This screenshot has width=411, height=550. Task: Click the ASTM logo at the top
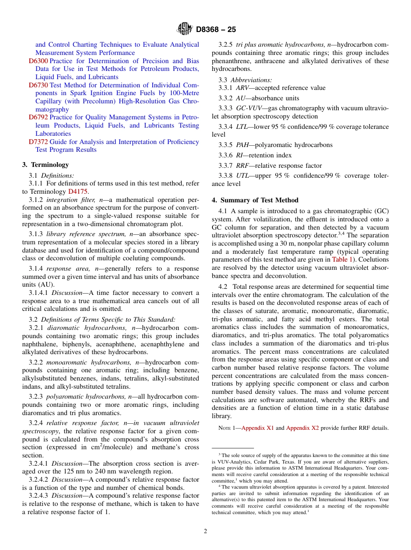click(185, 29)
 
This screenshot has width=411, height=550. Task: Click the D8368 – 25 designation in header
click(216, 30)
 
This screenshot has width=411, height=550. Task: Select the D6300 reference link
click(38, 61)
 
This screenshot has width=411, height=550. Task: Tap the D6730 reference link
click(38, 85)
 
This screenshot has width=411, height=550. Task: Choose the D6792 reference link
click(38, 117)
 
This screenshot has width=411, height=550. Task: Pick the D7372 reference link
click(38, 142)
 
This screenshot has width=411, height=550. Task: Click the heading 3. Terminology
click(45, 165)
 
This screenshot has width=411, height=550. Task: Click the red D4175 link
click(78, 192)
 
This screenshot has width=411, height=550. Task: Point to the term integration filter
click(71, 200)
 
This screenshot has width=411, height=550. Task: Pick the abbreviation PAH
click(242, 145)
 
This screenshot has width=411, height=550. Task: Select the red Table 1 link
click(342, 260)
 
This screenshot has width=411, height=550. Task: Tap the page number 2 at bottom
click(205, 531)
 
